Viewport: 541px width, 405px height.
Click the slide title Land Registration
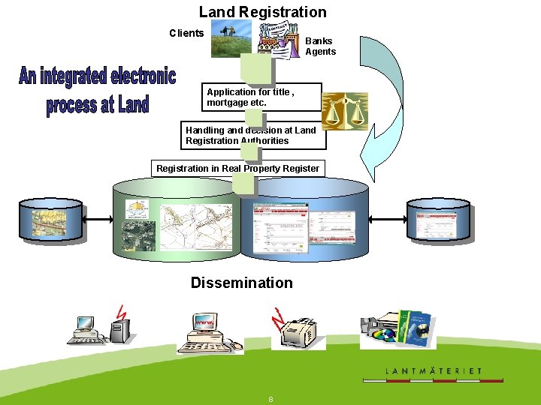[262, 12]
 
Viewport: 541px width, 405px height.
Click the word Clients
[186, 33]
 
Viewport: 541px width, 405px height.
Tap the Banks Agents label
[320, 46]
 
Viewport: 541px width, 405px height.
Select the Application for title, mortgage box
[263, 97]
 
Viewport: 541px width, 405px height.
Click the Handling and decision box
[254, 136]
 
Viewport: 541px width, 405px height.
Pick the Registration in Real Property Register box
[237, 169]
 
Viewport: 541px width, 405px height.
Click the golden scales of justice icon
[345, 110]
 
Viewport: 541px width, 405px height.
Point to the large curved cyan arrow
[375, 97]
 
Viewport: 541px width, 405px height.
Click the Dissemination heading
[241, 283]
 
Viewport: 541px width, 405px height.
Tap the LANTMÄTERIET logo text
[433, 370]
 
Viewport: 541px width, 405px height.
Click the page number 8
[270, 399]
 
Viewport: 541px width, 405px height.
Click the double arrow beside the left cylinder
[100, 219]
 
